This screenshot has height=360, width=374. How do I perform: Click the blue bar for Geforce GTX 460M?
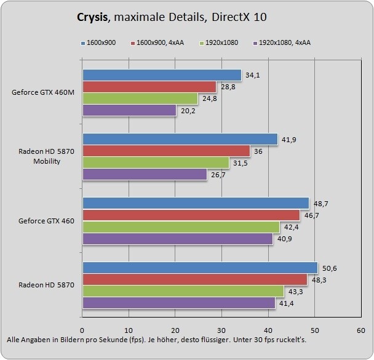(x=161, y=75)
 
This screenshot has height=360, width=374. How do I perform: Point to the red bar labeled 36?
(x=166, y=151)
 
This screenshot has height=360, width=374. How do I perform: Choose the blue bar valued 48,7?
(x=195, y=203)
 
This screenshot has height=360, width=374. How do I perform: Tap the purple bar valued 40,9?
(x=177, y=239)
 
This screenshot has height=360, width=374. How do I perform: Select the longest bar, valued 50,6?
(x=199, y=267)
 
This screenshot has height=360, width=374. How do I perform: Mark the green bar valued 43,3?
(x=183, y=291)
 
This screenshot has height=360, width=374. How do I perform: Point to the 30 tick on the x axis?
(x=222, y=329)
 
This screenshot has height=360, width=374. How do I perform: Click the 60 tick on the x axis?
(x=362, y=329)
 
